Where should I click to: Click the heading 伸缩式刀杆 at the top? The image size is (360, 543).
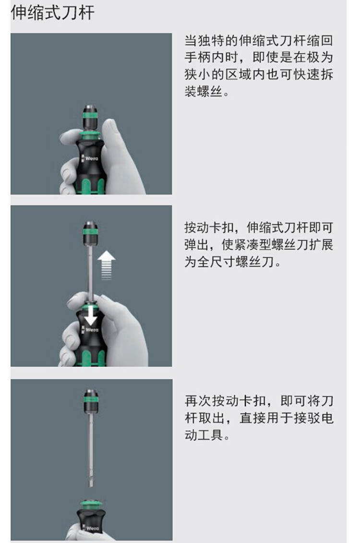(53, 12)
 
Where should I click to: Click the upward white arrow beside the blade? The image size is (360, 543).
(106, 265)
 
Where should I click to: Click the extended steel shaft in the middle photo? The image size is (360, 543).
(91, 272)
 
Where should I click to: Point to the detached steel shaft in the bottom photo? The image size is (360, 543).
(91, 450)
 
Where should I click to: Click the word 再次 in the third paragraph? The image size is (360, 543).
(198, 401)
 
